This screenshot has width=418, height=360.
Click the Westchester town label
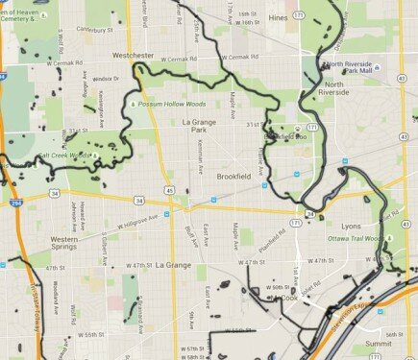pyautogui.click(x=133, y=56)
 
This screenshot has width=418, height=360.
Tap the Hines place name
pyautogui.click(x=279, y=18)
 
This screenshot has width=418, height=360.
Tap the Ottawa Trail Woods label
pyautogui.click(x=355, y=237)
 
